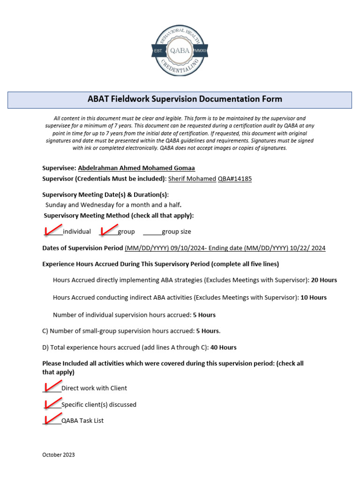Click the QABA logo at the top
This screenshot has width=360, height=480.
pos(180,51)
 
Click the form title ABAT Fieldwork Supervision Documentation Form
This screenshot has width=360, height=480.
pos(185,99)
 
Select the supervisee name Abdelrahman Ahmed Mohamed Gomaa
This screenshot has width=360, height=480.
pos(136,168)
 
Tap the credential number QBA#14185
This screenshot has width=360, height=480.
pos(238,179)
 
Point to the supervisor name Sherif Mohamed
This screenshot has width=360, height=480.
pos(192,179)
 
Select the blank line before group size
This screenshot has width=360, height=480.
pos(152,232)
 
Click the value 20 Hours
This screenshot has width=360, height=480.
pos(324,280)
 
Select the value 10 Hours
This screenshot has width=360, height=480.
pos(314,298)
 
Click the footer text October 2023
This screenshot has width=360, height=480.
pos(58,455)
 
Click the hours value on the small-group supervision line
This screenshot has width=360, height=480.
pos(208,331)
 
